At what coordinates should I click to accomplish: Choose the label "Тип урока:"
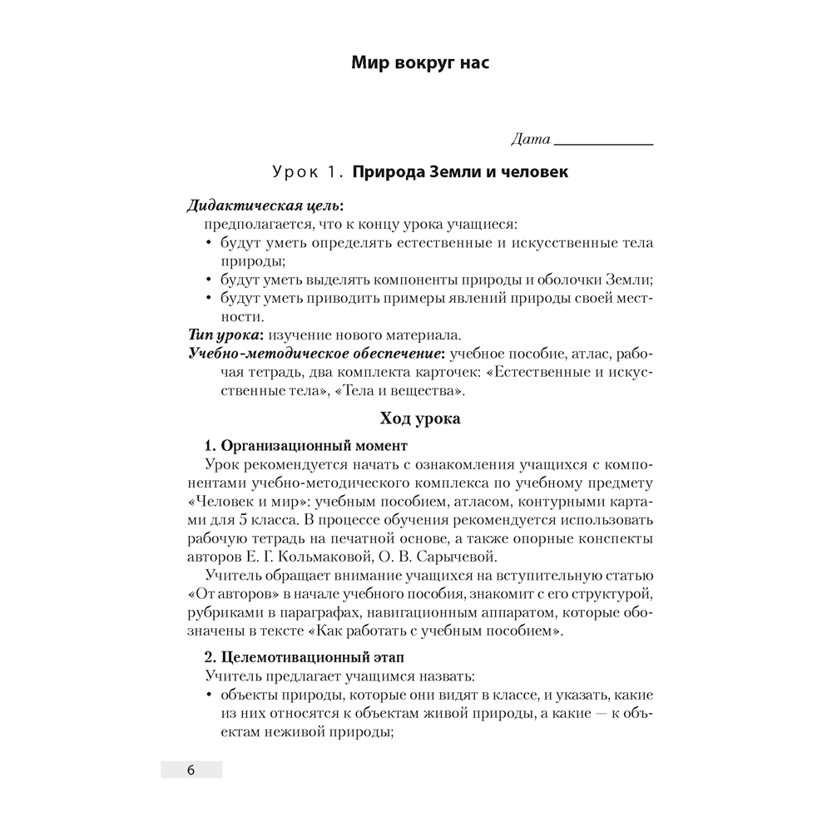(225, 335)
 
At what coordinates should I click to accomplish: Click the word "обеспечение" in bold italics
(396, 354)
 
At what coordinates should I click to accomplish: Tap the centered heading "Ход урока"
(419, 419)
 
